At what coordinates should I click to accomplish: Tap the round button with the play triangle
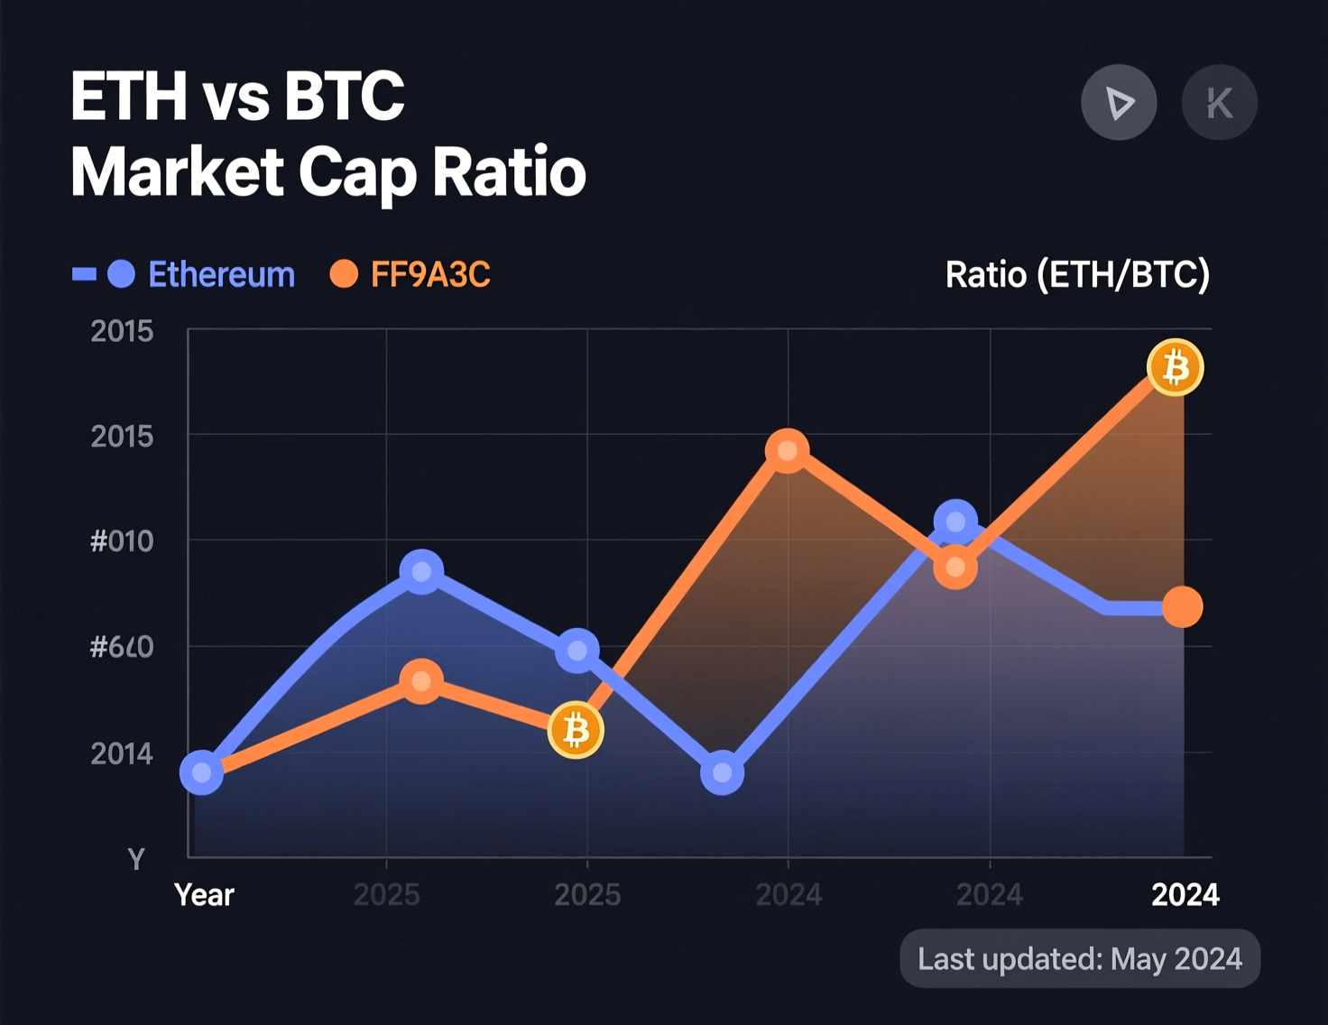click(x=1119, y=103)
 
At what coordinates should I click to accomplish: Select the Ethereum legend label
click(x=221, y=274)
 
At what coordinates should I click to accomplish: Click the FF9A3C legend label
click(x=430, y=274)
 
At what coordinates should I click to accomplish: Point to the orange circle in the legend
click(x=344, y=273)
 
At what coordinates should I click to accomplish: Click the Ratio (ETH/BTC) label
click(x=1077, y=274)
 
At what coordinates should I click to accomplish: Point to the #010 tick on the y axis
click(x=122, y=541)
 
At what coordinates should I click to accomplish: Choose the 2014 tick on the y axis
click(x=122, y=753)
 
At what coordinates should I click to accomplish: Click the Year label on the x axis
click(x=204, y=895)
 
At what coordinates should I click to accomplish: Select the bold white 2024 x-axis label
click(x=1185, y=895)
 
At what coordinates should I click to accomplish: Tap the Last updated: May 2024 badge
click(x=1080, y=958)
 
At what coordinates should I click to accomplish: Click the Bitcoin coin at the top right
click(x=1175, y=368)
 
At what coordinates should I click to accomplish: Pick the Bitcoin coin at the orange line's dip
click(x=576, y=730)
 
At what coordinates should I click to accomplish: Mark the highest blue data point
click(x=955, y=522)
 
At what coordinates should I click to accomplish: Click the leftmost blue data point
click(x=202, y=773)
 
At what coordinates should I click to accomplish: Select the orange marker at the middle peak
click(x=787, y=450)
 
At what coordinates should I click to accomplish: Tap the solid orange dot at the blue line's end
click(x=1182, y=607)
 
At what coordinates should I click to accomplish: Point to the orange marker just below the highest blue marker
click(x=955, y=568)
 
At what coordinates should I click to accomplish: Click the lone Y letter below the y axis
click(x=136, y=859)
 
